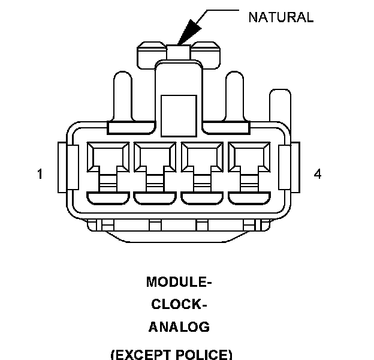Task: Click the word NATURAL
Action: pyautogui.click(x=280, y=17)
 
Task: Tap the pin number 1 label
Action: pyautogui.click(x=40, y=175)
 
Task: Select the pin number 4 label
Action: pyautogui.click(x=318, y=174)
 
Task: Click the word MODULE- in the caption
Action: pyautogui.click(x=179, y=282)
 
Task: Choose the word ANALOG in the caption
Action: pyautogui.click(x=179, y=327)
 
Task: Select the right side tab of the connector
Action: pyautogui.click(x=294, y=168)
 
